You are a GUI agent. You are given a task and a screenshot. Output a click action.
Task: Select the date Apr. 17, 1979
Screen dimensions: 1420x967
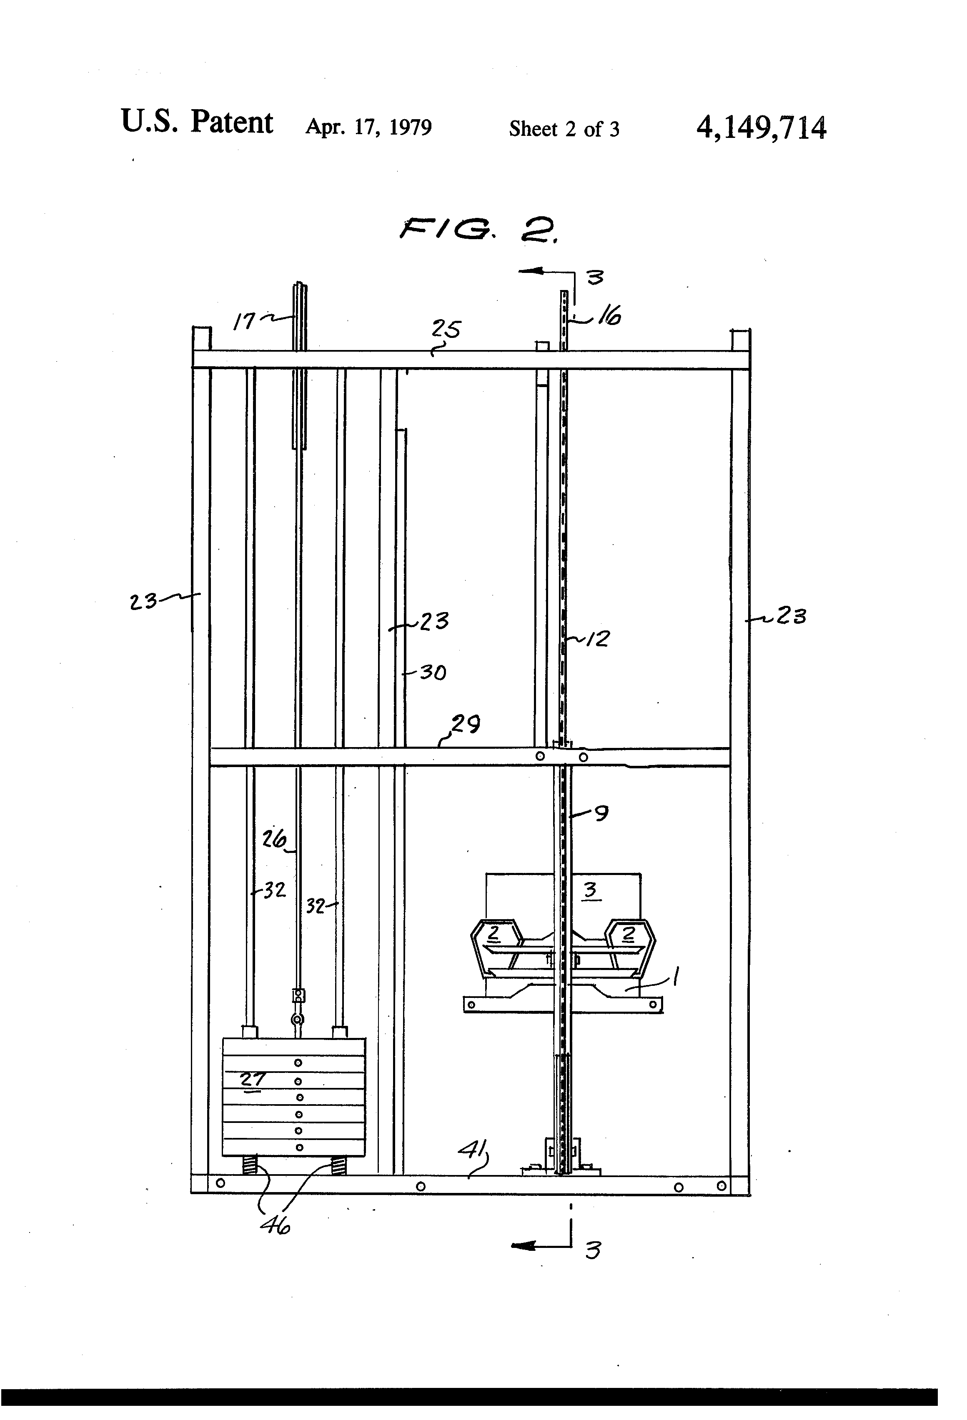pos(368,127)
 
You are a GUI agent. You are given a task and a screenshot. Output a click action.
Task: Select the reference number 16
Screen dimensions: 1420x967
pos(609,317)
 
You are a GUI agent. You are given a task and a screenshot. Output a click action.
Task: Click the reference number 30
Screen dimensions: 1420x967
pos(432,673)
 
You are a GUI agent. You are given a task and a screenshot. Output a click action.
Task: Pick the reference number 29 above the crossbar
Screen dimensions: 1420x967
pos(466,725)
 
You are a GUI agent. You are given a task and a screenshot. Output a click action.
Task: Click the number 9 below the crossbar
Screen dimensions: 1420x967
pos(601,813)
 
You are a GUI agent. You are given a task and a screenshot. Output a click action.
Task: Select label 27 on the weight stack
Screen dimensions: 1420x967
pos(252,1080)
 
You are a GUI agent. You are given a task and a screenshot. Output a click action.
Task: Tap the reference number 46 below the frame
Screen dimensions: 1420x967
pos(274,1226)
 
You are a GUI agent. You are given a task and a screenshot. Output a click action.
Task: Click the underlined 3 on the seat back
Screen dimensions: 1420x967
pos(590,890)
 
